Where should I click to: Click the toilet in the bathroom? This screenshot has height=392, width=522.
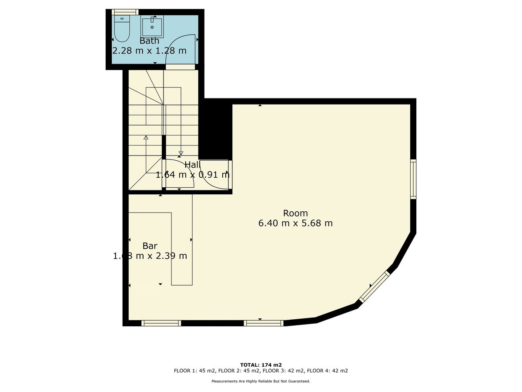[x=122, y=29]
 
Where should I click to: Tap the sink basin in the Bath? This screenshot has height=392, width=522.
[x=152, y=27]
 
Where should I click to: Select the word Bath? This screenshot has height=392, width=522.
[x=149, y=41]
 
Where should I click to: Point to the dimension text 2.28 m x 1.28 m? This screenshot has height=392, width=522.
[x=149, y=51]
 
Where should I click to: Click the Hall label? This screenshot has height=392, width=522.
[x=192, y=165]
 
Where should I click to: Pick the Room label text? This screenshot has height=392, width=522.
[x=295, y=213]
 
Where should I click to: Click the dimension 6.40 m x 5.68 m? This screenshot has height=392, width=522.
[x=295, y=223]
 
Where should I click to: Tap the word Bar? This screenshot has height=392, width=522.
[x=150, y=246]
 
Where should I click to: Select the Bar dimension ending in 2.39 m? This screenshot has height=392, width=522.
[x=150, y=256]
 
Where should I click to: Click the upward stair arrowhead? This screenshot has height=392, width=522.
[x=146, y=137]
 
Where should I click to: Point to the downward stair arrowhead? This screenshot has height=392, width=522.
[x=181, y=153]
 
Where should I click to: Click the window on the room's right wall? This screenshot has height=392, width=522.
[x=413, y=179]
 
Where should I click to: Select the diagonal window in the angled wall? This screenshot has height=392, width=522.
[x=375, y=287]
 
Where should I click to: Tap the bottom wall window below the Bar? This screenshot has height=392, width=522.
[x=161, y=323]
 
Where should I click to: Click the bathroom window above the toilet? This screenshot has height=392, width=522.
[x=125, y=12]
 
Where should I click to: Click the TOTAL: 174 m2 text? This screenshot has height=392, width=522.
[x=261, y=365]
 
